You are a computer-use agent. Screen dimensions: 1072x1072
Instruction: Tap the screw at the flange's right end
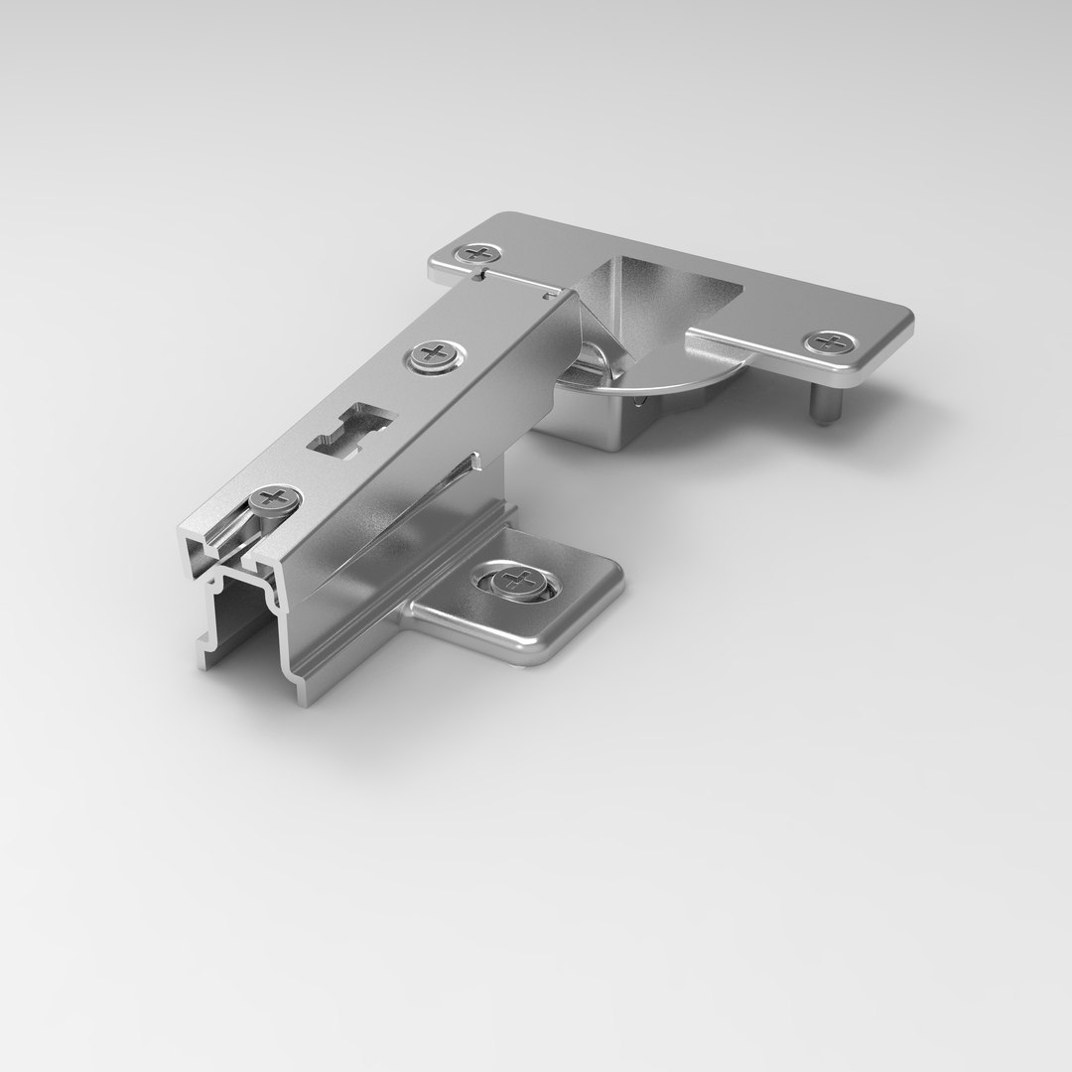tap(828, 342)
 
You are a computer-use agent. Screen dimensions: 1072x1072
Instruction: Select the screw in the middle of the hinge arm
tap(434, 354)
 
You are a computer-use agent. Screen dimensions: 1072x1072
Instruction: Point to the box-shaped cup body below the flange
tap(596, 422)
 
